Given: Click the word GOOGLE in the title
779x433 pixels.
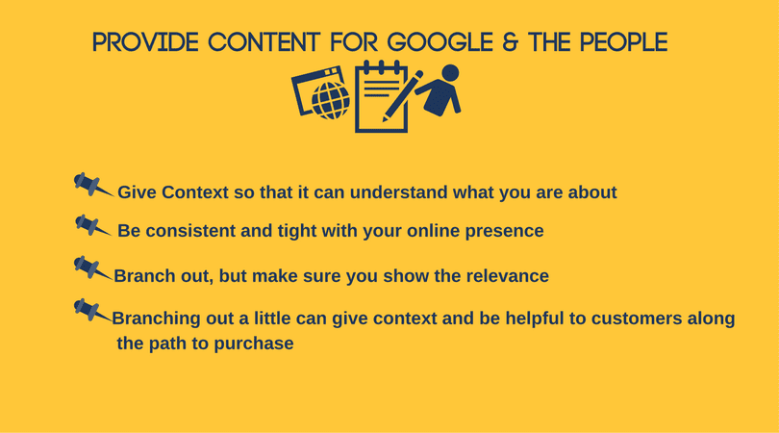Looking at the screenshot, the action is (440, 42).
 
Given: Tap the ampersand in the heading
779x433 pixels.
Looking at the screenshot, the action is (510, 42).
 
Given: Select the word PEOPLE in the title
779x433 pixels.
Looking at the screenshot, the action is (624, 42).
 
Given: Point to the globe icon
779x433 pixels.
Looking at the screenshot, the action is (331, 100).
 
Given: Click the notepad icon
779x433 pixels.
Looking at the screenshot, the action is (381, 97).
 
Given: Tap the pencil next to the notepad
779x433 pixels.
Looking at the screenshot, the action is (402, 96).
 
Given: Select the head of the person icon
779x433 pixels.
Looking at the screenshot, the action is (450, 72).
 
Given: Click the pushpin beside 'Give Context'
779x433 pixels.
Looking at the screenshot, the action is (93, 185).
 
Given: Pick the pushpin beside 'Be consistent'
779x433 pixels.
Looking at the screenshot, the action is (93, 226).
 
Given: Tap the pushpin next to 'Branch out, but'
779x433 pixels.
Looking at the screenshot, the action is (93, 267).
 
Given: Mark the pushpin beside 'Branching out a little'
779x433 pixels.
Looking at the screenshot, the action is (93, 311).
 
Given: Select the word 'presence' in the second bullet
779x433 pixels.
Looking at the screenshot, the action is (504, 231).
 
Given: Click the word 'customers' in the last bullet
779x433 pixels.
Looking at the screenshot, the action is (637, 318).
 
